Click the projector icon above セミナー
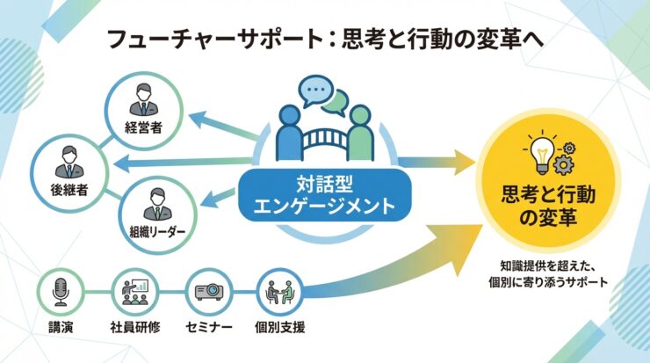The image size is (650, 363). (x=210, y=291)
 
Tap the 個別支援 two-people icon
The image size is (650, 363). (x=281, y=291)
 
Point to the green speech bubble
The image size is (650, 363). (x=335, y=103)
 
